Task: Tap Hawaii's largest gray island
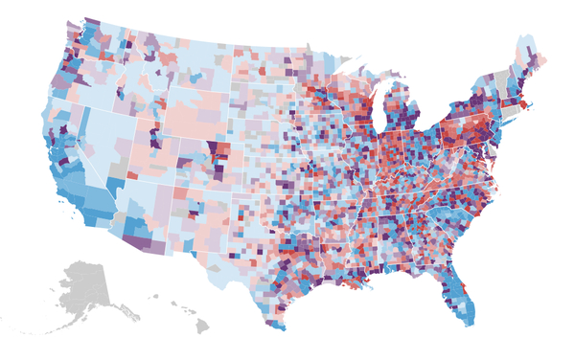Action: (x=201, y=326)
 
